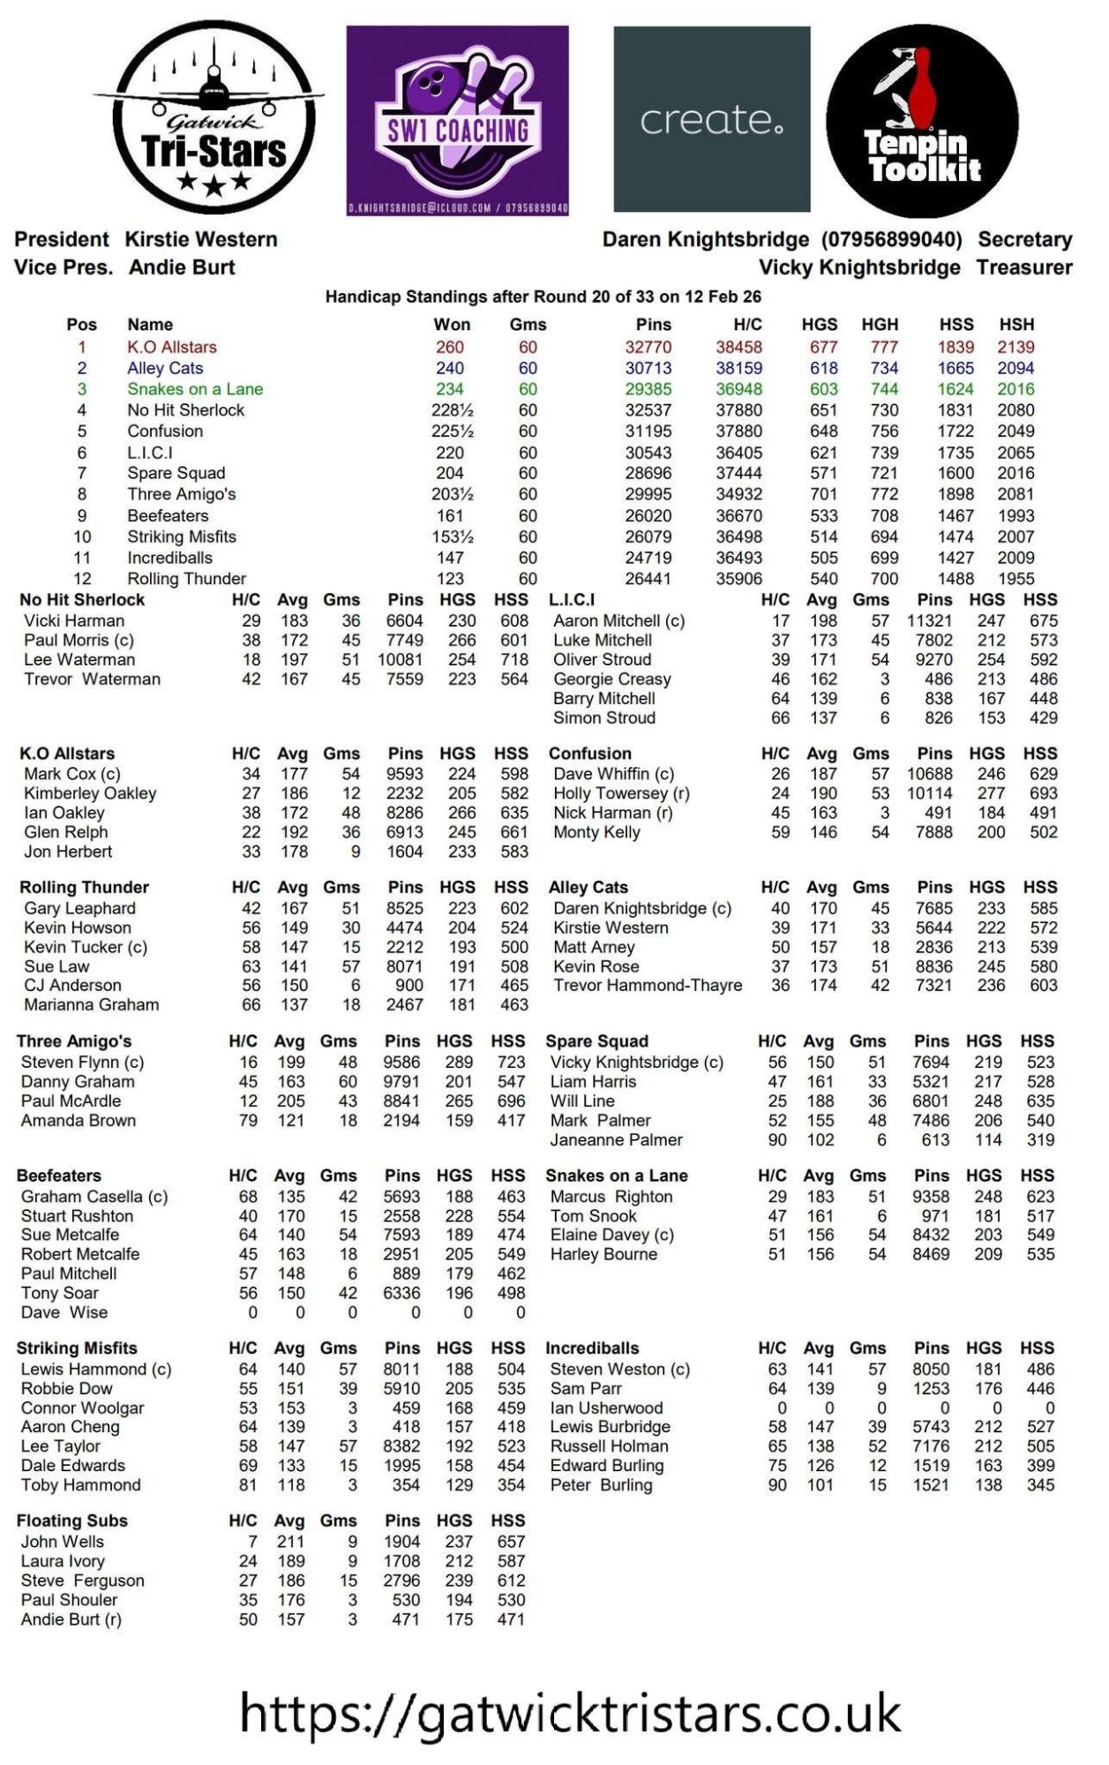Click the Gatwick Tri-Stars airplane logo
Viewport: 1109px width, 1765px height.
[210, 117]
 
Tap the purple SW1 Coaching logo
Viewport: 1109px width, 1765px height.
[457, 120]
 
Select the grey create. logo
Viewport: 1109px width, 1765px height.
[711, 119]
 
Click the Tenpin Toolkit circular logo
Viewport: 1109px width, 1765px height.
[922, 121]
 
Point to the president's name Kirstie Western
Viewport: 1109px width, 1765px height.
[201, 239]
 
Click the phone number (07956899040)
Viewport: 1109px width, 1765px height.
[891, 239]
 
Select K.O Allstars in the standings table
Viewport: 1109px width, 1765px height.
[172, 347]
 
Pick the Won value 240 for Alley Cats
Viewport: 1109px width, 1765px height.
[450, 368]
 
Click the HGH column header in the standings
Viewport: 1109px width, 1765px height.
[880, 325]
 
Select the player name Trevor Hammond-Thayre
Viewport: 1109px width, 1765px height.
[648, 986]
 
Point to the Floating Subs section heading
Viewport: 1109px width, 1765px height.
[72, 1521]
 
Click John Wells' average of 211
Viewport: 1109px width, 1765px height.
[290, 1542]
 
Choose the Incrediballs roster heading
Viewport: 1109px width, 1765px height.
[592, 1348]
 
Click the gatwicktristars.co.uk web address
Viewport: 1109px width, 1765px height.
[570, 1714]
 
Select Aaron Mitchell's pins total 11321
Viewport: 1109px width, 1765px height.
[930, 620]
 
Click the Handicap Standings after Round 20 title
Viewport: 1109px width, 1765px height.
[543, 297]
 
